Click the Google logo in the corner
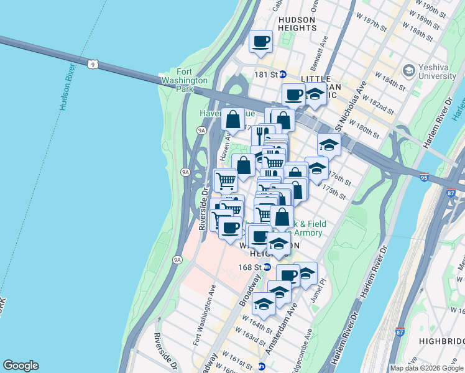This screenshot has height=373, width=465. pyautogui.click(x=21, y=366)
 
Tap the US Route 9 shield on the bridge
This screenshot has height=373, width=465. pyautogui.click(x=92, y=63)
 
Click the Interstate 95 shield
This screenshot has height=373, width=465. pyautogui.click(x=424, y=177)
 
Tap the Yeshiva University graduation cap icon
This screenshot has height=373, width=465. pyautogui.click(x=409, y=70)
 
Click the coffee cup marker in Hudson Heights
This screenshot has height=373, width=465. pyautogui.click(x=260, y=42)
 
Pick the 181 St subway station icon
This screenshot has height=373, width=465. pyautogui.click(x=282, y=74)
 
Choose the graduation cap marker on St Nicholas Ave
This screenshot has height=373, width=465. pyautogui.click(x=329, y=144)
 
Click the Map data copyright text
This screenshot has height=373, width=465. pyautogui.click(x=426, y=368)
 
